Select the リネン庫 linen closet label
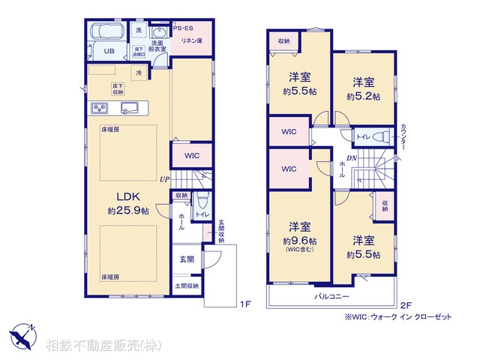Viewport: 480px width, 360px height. click(x=190, y=40)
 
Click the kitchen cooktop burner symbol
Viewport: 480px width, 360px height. click(x=101, y=108)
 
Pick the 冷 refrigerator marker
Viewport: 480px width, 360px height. click(x=139, y=73)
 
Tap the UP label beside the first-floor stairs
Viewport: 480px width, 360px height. click(x=164, y=179)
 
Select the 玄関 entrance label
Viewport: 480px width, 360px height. click(x=187, y=259)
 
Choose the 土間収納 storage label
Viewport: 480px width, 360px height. click(x=187, y=286)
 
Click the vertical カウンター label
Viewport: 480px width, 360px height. click(x=403, y=137)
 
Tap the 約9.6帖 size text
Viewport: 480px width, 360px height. click(x=299, y=241)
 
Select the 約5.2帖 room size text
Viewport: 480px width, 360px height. click(x=363, y=97)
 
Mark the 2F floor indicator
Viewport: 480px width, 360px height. click(x=406, y=304)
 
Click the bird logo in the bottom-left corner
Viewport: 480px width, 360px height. click(x=21, y=334)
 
